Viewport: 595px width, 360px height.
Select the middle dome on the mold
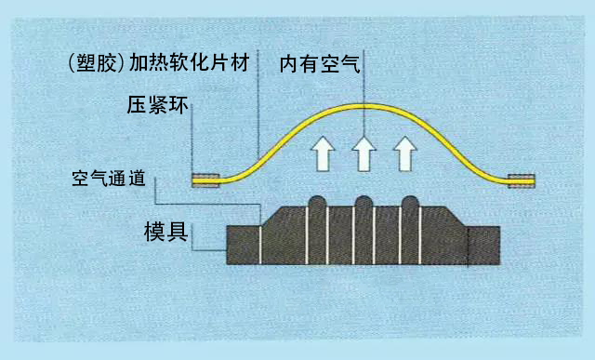[364, 203]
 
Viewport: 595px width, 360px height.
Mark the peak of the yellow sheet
[363, 105]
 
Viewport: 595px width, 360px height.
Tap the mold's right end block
[485, 244]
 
